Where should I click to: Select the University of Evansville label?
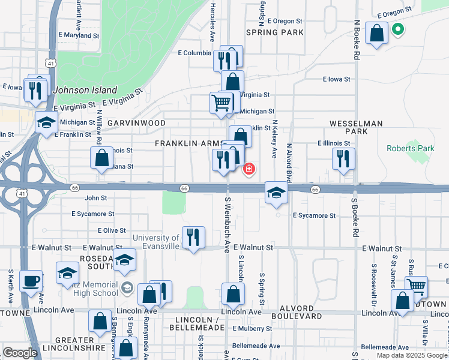coord(155,242)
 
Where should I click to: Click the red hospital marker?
coord(249,170)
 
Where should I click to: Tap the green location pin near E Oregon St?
coord(397,29)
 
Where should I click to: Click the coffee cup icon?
coord(31,280)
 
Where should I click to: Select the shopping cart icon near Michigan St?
coord(221,103)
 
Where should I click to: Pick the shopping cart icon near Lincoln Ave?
coord(416,286)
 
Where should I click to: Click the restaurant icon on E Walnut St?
coord(193,237)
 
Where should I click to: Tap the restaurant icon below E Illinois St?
coord(343,159)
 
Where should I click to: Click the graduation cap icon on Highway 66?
coord(276,193)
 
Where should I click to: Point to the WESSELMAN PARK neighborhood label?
coord(356,127)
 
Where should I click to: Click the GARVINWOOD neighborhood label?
coord(136,123)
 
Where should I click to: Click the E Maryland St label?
coord(79,36)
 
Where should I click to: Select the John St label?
coord(95,198)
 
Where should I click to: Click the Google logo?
coord(20,353)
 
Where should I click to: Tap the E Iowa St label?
coord(336,79)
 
